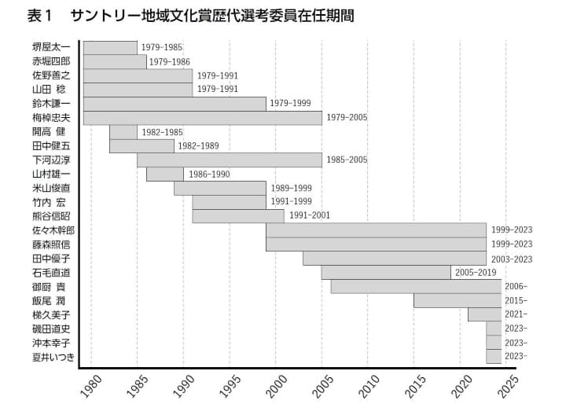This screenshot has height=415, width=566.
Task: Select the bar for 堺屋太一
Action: pos(110,47)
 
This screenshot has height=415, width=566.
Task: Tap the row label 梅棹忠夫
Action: pos(51,118)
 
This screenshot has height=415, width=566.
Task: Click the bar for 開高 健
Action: pos(123,132)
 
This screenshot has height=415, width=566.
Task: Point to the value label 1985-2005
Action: pos(347,160)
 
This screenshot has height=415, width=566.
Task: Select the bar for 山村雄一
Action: pos(164,174)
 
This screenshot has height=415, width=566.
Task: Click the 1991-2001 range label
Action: pos(310,215)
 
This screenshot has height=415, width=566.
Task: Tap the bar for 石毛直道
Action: pos(385,272)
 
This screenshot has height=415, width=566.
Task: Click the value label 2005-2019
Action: pos(476,272)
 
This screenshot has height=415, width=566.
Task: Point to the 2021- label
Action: pos(516,314)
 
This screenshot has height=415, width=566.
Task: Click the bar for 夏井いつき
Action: pos(494,357)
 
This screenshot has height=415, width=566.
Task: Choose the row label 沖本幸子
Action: pos(51,343)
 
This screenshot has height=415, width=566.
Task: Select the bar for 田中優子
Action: pos(394,258)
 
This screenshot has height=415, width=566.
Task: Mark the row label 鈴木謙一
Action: pos(51,104)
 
